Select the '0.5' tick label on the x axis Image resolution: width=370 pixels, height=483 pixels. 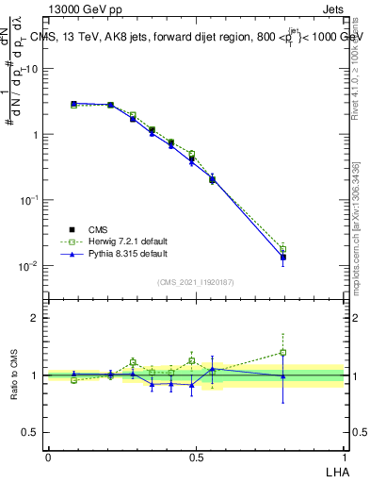[196, 457]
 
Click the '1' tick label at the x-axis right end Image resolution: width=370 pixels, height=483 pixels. [344, 457]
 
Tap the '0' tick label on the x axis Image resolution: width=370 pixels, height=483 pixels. [48, 457]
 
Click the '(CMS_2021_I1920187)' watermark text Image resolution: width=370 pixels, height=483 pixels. [196, 281]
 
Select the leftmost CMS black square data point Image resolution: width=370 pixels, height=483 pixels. [74, 104]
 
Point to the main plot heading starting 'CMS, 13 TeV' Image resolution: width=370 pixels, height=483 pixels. [196, 38]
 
